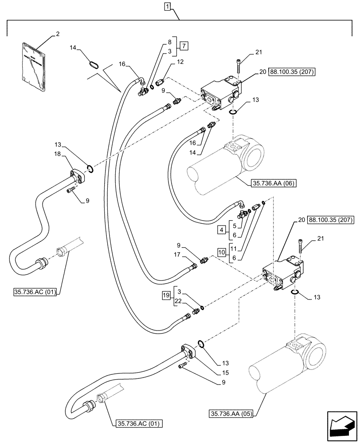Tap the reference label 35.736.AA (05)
click(230, 415)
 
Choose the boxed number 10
click(222, 253)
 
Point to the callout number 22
click(179, 302)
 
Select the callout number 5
click(234, 224)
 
